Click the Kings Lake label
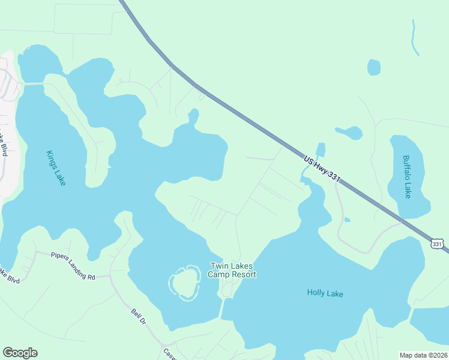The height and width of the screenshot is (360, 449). point(55,167)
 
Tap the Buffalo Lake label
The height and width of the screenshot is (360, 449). point(407,176)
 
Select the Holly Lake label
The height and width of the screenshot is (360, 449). point(324,293)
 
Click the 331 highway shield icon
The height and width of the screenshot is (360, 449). point(437,243)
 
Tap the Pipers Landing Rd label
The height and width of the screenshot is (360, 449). point(73,266)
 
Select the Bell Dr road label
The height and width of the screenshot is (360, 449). point(139,316)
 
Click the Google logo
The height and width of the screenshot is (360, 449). point(20,353)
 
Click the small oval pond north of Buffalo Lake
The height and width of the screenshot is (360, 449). point(374,67)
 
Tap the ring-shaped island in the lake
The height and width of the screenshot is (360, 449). point(184,281)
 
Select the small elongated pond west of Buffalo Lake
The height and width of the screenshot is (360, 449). point(349,132)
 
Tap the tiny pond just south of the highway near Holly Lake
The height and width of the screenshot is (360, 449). point(347,220)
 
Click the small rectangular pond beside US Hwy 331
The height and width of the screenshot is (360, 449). point(321,150)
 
